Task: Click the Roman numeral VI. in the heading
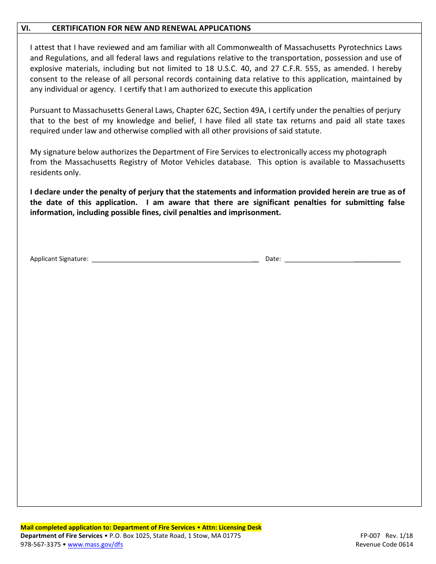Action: tap(26, 28)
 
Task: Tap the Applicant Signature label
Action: tap(59, 259)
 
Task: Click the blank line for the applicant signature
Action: tap(174, 260)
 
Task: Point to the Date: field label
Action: tap(273, 259)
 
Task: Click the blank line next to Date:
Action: tap(342, 260)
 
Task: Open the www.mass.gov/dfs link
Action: tap(95, 545)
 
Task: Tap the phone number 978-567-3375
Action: tap(40, 545)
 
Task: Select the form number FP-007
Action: tap(370, 536)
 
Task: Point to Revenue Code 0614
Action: tap(384, 545)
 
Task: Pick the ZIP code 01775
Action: tap(231, 536)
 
